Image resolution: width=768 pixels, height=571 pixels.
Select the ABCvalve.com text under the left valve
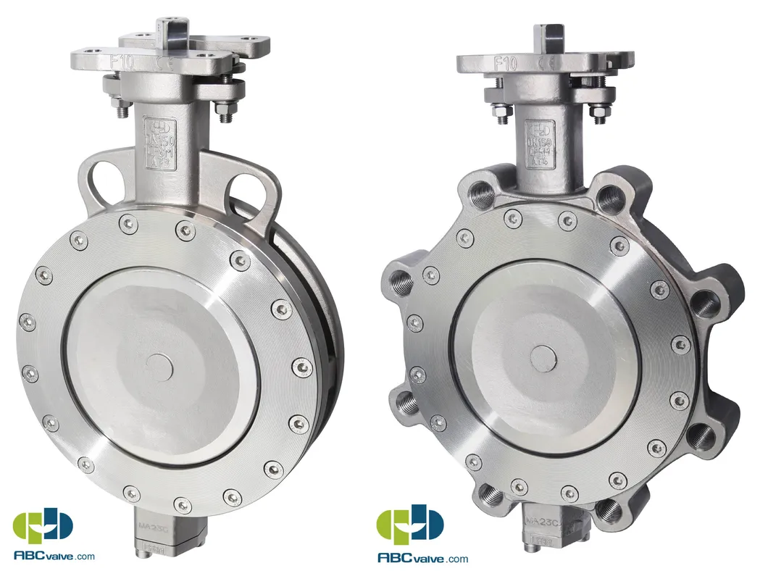pyautogui.click(x=54, y=556)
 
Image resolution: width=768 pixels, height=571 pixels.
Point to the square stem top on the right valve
pyautogui.click(x=548, y=32)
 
